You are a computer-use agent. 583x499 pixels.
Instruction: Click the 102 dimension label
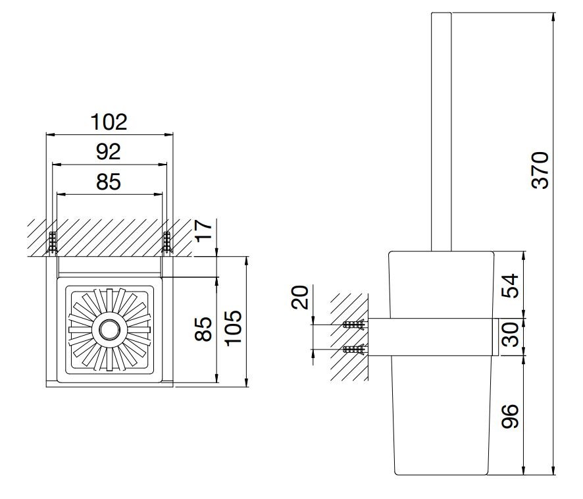pos(109,122)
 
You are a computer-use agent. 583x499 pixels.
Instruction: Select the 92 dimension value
pos(108,151)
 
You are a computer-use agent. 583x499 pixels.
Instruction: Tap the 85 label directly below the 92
pos(108,182)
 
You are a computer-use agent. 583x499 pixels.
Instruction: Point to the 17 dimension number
pos(203,230)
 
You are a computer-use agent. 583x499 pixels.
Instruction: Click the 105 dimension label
pos(234,327)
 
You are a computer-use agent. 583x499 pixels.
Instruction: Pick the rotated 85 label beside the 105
pos(203,329)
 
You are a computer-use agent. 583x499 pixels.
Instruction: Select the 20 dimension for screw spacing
pos(300,297)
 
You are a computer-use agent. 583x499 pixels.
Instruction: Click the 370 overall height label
pos(540,170)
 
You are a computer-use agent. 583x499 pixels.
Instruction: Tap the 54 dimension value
pos(510,286)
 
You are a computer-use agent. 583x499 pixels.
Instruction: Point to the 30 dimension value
pos(510,334)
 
